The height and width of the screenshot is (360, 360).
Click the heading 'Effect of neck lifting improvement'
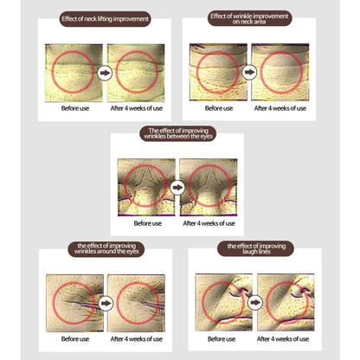tap(105, 19)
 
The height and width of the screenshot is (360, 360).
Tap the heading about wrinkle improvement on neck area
tap(249, 19)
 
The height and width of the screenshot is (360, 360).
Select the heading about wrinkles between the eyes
tap(178, 133)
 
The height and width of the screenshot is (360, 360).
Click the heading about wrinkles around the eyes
tap(106, 249)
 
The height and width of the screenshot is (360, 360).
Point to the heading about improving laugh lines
tap(256, 248)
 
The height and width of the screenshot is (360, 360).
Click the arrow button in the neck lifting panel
tap(105, 73)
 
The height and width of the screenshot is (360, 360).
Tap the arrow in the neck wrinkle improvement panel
tap(249, 72)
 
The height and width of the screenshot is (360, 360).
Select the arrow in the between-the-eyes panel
tap(177, 188)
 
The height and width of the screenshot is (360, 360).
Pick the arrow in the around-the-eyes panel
tap(106, 303)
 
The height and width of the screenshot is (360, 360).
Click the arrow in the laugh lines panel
tap(255, 303)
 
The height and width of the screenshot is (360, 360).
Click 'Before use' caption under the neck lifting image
tap(75, 108)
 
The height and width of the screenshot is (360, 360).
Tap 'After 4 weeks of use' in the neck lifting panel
tap(137, 108)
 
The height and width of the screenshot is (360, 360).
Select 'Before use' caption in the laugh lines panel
tap(222, 339)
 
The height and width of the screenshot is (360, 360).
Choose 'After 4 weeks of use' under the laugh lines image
tap(283, 339)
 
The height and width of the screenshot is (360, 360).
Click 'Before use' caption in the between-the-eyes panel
tap(148, 223)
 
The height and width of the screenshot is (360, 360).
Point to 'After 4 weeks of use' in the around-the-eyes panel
tap(137, 339)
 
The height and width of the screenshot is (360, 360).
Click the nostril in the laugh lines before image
tap(239, 291)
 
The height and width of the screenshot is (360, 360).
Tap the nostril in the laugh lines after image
tap(301, 292)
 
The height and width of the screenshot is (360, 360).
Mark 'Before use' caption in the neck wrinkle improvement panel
tap(219, 108)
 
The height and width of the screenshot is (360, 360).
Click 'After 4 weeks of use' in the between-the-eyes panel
tap(209, 223)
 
